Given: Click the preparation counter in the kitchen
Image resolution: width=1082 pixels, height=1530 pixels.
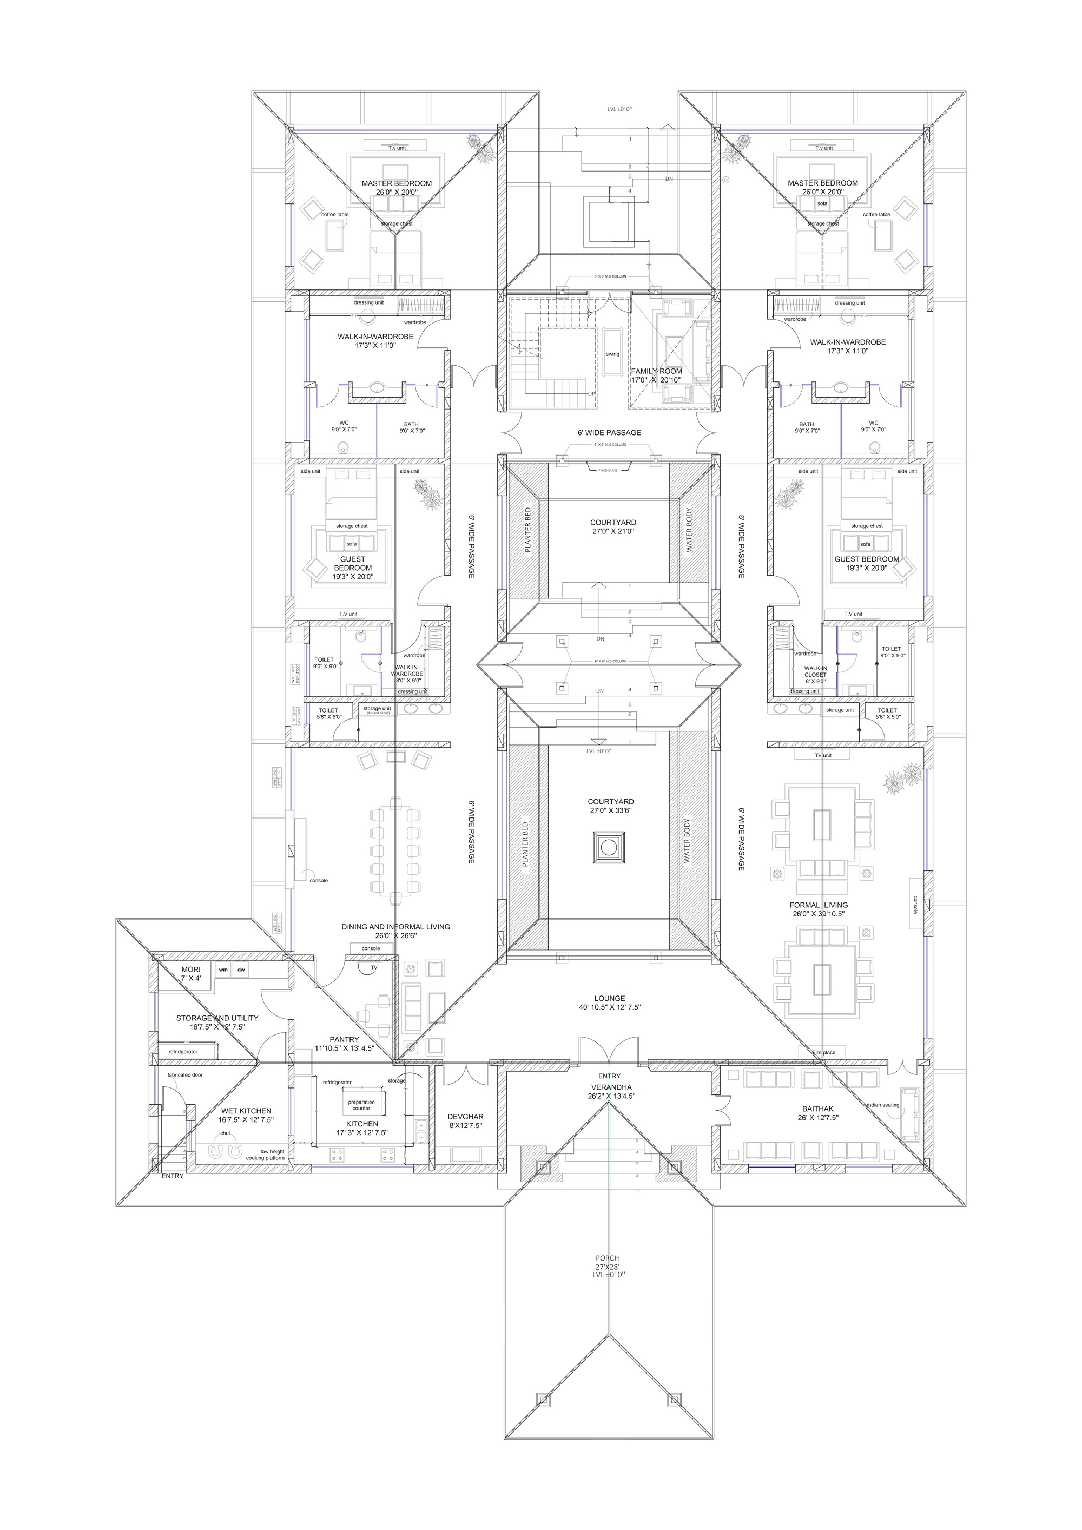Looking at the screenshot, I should (362, 1105).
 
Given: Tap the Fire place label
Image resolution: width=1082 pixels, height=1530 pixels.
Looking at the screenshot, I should (823, 1053).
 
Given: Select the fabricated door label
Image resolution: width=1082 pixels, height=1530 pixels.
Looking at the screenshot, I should (184, 1075).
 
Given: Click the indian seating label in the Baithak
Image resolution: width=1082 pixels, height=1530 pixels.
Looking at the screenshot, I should (883, 1105).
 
